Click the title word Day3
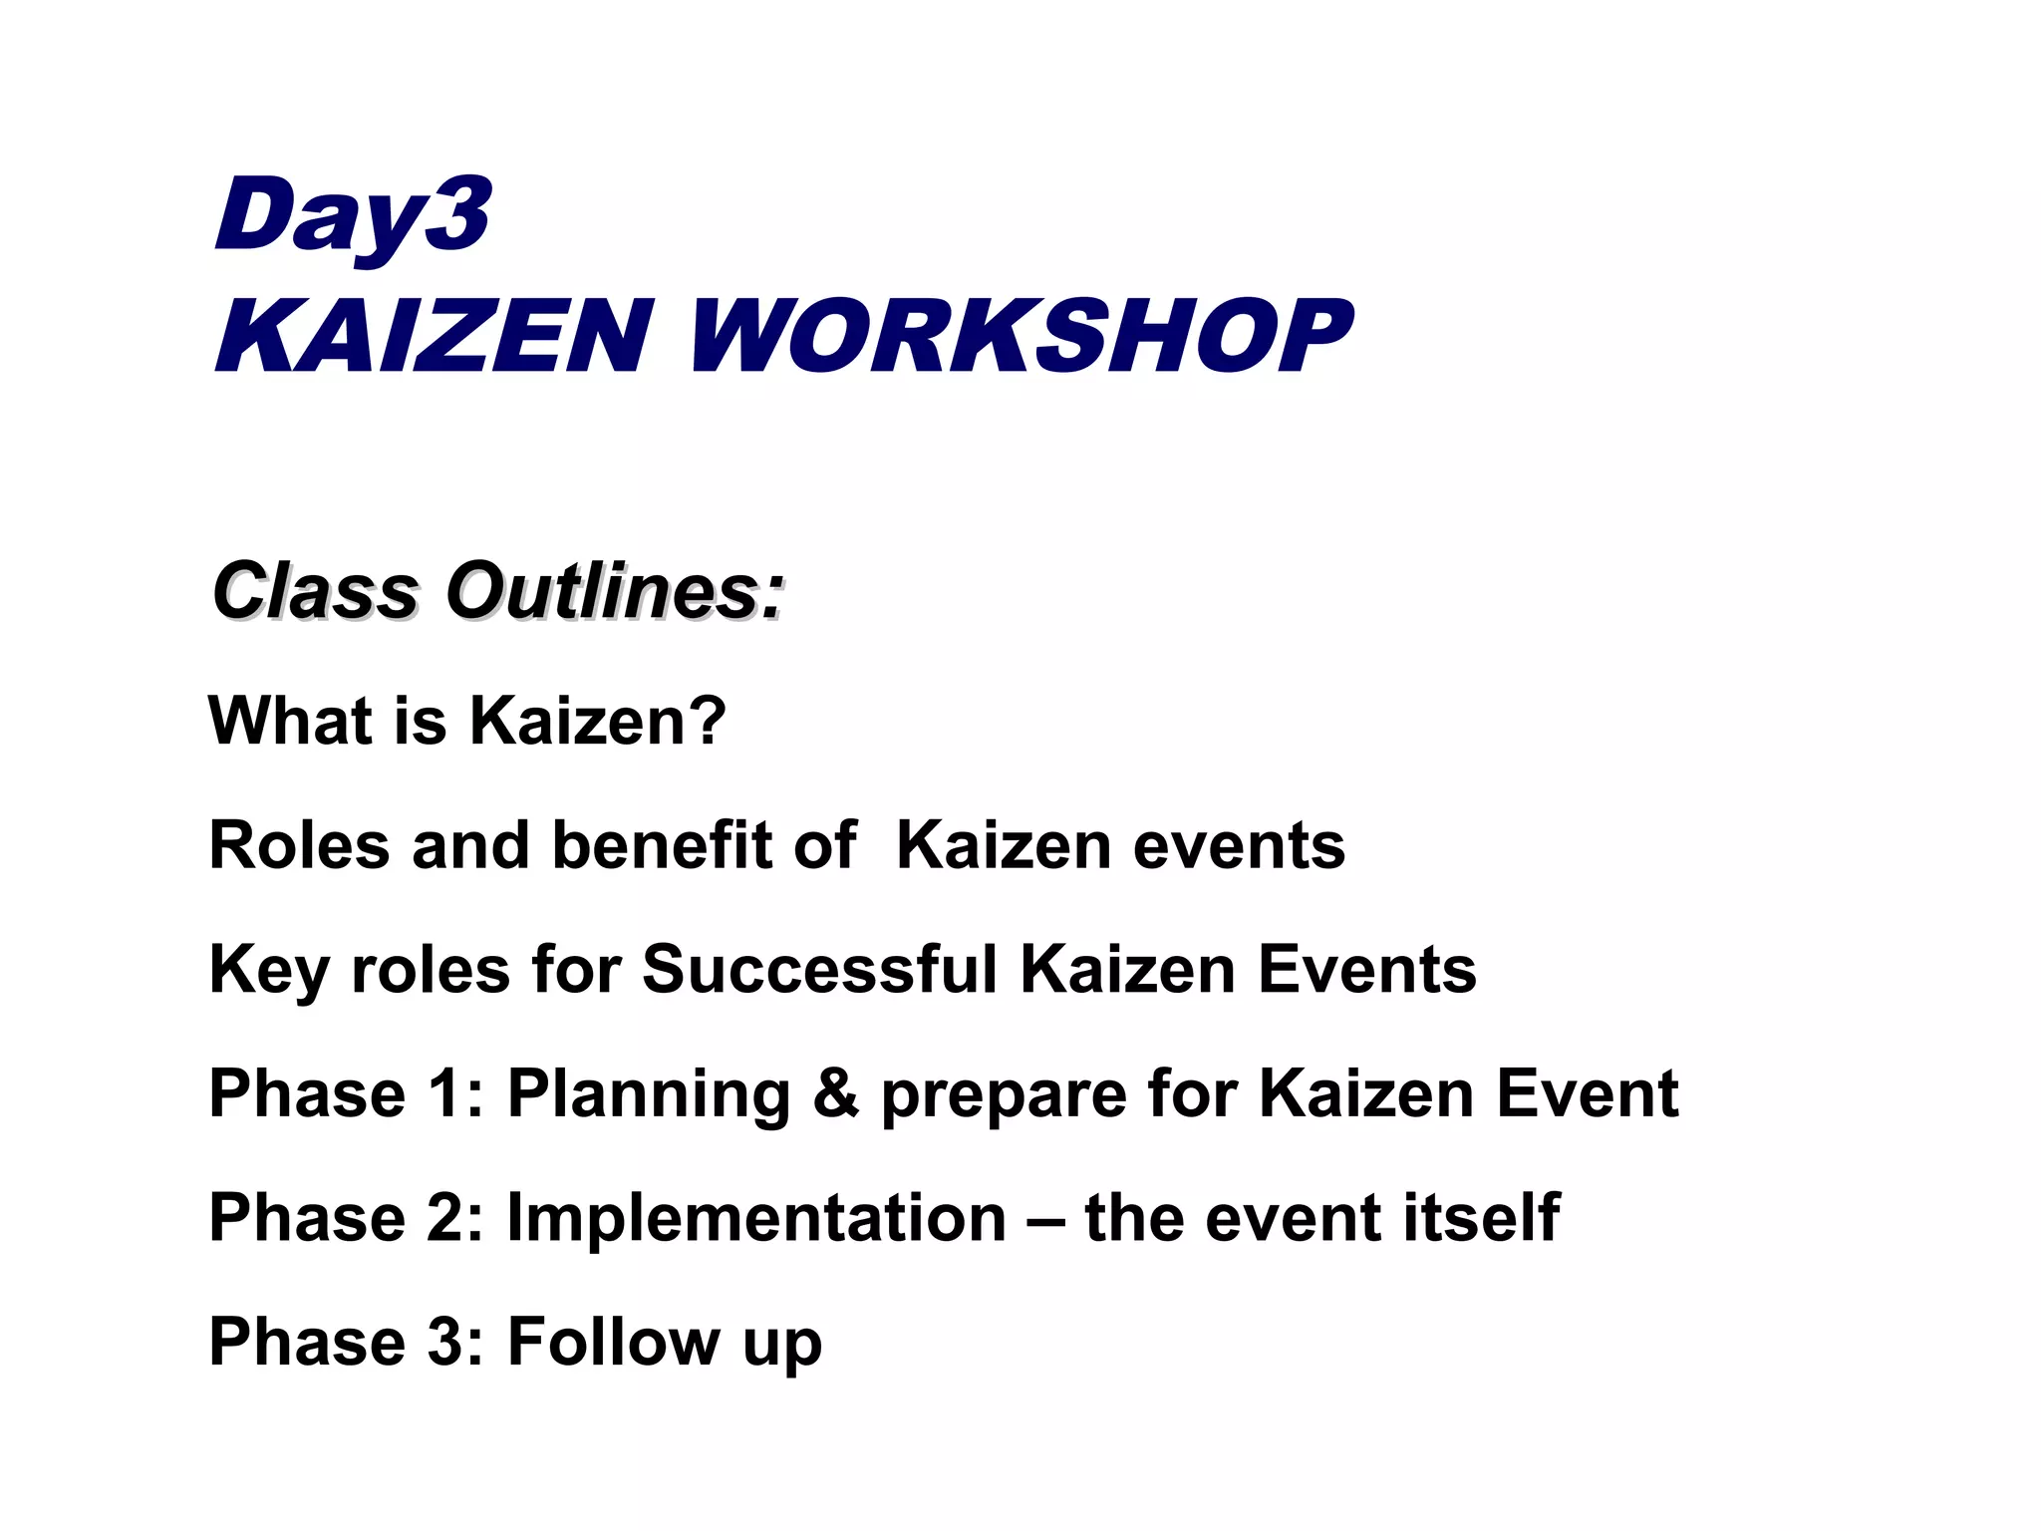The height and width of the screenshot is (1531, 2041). click(x=352, y=215)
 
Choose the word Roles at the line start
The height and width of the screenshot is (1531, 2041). click(x=299, y=845)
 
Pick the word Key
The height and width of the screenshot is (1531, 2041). click(x=268, y=971)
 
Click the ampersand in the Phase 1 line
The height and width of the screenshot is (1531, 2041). click(x=835, y=1093)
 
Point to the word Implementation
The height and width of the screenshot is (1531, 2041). click(x=756, y=1219)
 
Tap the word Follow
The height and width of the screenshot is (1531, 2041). click(x=614, y=1342)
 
